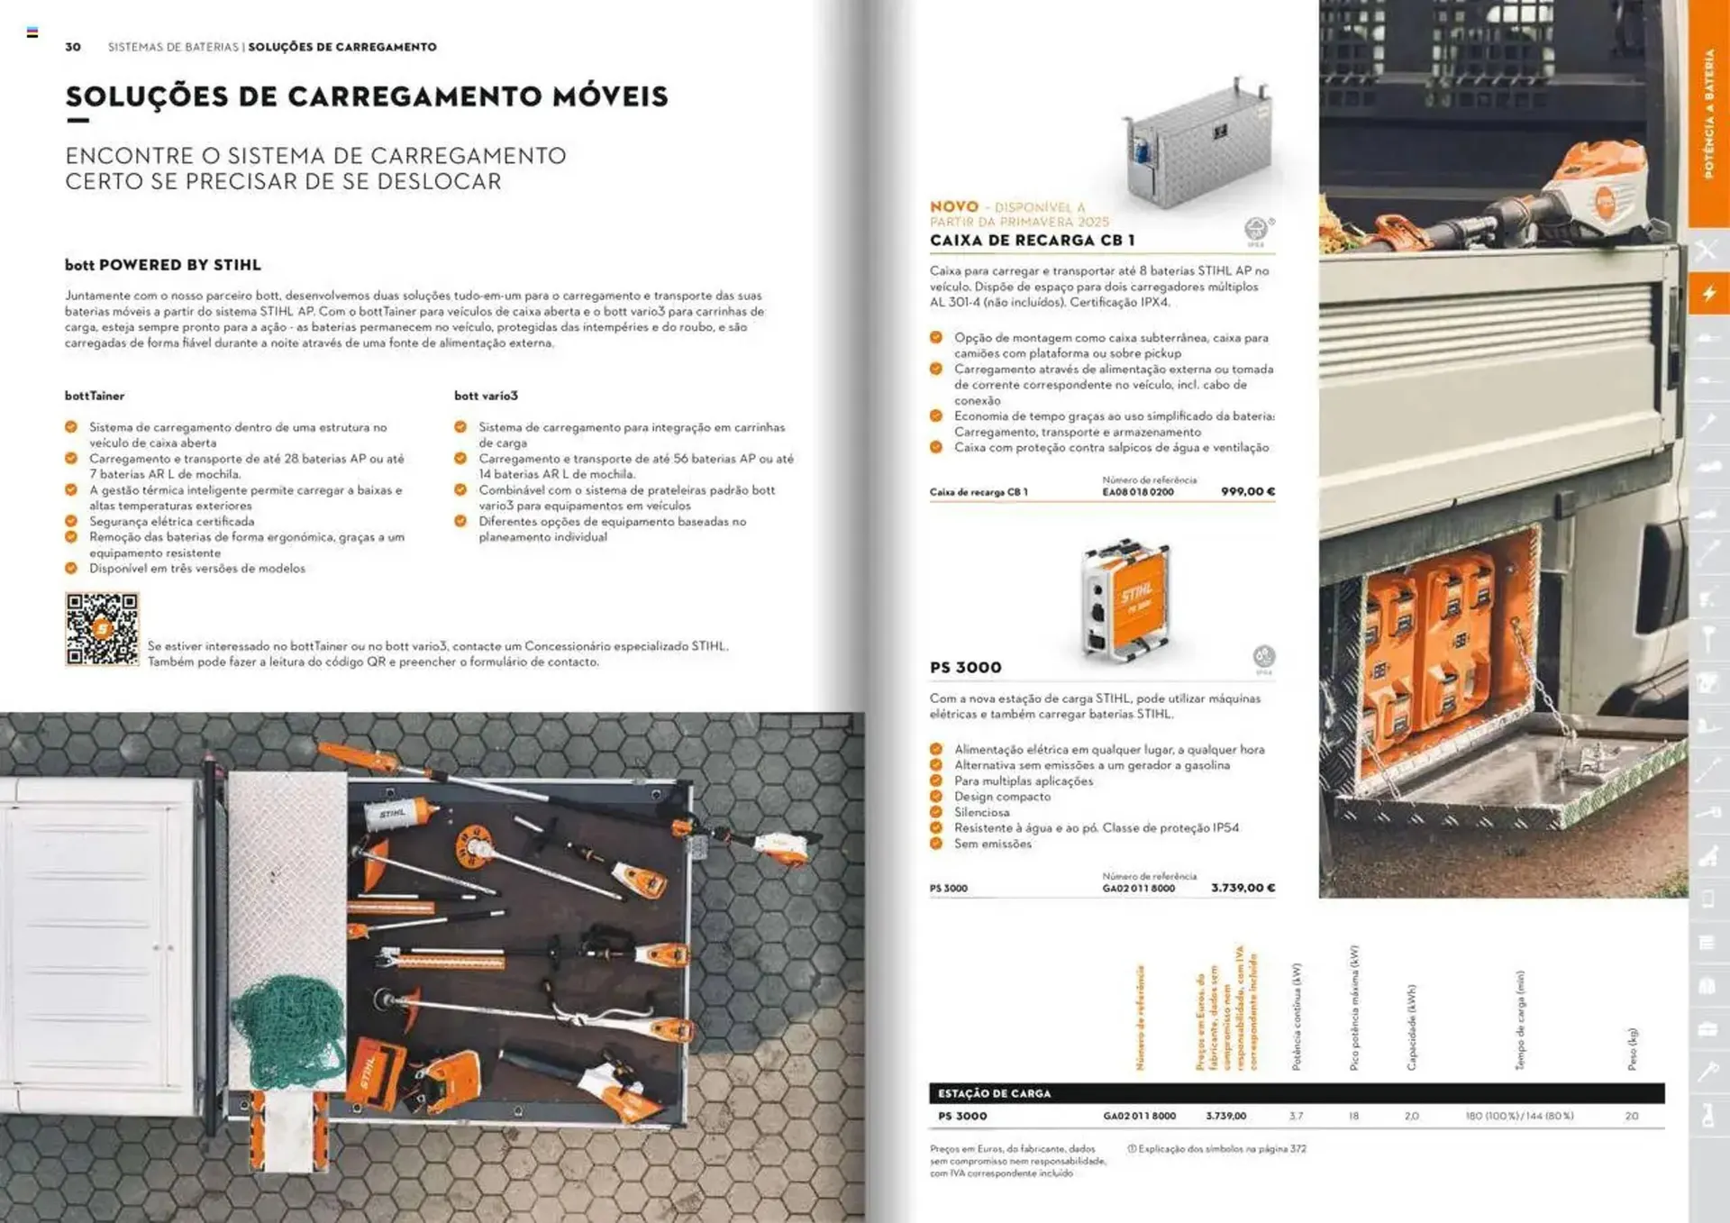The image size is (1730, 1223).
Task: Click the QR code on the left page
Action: pyautogui.click(x=102, y=629)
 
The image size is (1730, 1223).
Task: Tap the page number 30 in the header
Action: pyautogui.click(x=73, y=47)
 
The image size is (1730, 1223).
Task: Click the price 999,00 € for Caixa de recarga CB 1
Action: pyautogui.click(x=1247, y=491)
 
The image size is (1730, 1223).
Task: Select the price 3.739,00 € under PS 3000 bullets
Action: pyautogui.click(x=1243, y=888)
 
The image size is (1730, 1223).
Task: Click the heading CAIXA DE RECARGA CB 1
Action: pyautogui.click(x=1032, y=241)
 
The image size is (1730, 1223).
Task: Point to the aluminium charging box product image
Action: pyautogui.click(x=1197, y=144)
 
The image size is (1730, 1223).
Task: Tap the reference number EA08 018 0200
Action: pyautogui.click(x=1137, y=492)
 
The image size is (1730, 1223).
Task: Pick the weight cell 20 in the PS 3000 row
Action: pyautogui.click(x=1631, y=1116)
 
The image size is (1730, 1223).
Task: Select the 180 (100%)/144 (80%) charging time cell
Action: pyautogui.click(x=1518, y=1116)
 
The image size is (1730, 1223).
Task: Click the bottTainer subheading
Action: pyautogui.click(x=95, y=396)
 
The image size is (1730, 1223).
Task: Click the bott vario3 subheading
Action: pyautogui.click(x=486, y=396)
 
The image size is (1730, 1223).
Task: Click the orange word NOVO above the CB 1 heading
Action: pyautogui.click(x=953, y=206)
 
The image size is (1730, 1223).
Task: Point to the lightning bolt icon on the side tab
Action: pyautogui.click(x=1708, y=293)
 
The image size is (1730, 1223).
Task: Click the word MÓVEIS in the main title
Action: pyautogui.click(x=610, y=96)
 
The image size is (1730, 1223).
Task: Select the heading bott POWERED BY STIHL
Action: pyautogui.click(x=162, y=265)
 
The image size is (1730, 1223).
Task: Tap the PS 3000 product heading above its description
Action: pyautogui.click(x=965, y=668)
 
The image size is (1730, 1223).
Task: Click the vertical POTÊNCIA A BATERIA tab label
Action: pyautogui.click(x=1708, y=113)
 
